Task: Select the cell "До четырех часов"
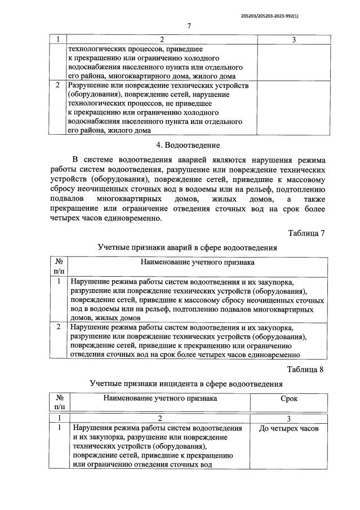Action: tap(288, 428)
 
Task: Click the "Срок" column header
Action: tap(289, 398)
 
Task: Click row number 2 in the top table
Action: tap(57, 86)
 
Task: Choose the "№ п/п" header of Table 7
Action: tap(59, 267)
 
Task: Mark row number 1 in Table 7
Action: tap(58, 281)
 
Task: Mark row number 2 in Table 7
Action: tap(58, 327)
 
